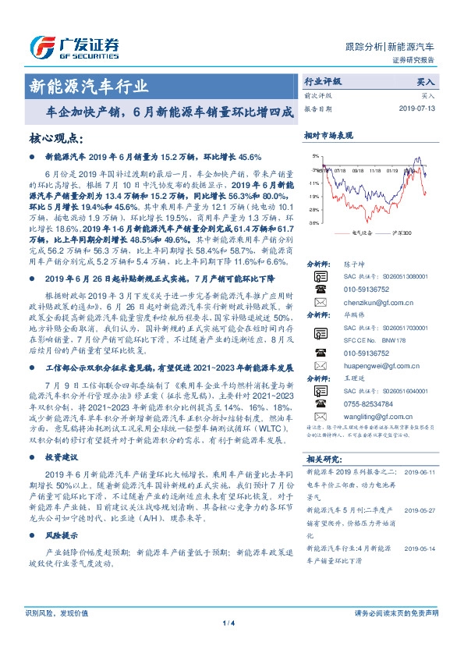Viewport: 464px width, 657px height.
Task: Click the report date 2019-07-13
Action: pyautogui.click(x=422, y=108)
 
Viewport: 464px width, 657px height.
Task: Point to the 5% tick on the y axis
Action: pyautogui.click(x=315, y=156)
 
